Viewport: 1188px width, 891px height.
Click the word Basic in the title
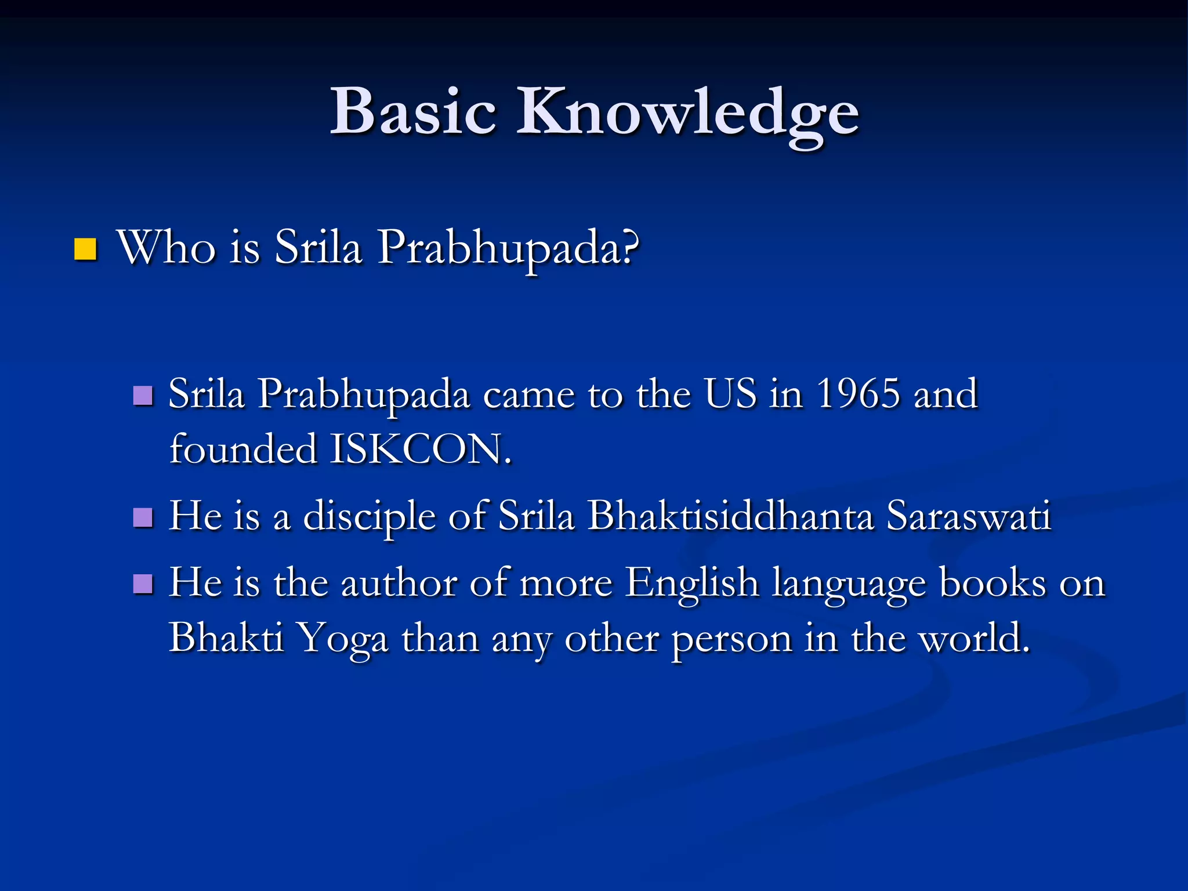click(413, 111)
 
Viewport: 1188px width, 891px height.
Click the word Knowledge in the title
click(688, 113)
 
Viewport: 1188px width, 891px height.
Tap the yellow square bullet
click(85, 249)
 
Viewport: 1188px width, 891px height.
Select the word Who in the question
click(166, 248)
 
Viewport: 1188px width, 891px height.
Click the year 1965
click(859, 394)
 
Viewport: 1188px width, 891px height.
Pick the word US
click(731, 394)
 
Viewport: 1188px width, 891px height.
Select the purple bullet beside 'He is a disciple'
click(143, 517)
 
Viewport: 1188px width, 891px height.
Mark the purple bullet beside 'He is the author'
click(143, 584)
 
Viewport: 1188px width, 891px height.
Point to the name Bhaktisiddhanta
click(730, 515)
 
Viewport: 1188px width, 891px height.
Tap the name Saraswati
click(969, 515)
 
